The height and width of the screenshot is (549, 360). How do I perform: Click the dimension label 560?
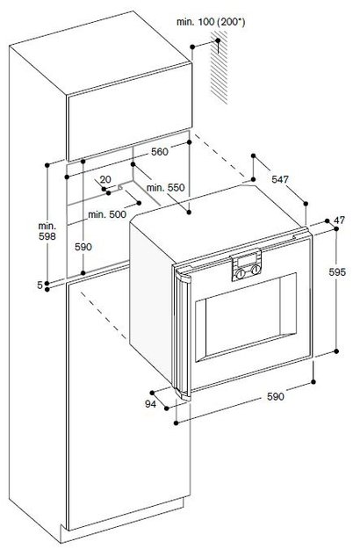(160, 152)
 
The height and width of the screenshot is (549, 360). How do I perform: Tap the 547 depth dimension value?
(280, 179)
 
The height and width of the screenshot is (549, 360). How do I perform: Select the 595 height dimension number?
(337, 271)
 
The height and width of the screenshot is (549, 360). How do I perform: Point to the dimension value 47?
(339, 220)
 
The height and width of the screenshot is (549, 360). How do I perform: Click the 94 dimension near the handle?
(150, 404)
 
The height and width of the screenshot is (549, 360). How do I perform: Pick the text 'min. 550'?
(165, 188)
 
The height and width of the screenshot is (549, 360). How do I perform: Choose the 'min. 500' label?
(107, 214)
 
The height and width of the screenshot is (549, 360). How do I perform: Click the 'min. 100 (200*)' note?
(211, 22)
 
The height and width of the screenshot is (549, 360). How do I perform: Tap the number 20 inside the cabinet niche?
(105, 179)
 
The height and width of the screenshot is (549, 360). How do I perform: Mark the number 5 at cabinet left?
(40, 285)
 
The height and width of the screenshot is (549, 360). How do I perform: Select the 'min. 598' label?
(47, 231)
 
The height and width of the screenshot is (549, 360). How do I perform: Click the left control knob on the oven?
(240, 274)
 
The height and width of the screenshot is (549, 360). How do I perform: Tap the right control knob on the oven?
(256, 269)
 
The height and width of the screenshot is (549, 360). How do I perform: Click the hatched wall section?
(219, 68)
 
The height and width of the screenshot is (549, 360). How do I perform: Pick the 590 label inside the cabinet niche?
(83, 247)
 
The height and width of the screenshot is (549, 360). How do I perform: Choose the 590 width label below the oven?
(276, 396)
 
